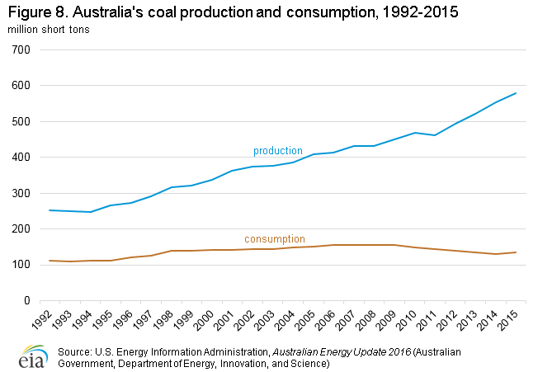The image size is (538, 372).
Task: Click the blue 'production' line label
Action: coord(277,151)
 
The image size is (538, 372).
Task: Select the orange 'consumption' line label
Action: coord(275,239)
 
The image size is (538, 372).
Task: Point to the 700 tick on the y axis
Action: coord(21,49)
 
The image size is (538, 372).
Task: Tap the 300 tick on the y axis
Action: coord(21,193)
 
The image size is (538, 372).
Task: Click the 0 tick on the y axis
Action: coord(27,301)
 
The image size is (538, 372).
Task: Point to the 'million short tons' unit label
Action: coord(50,30)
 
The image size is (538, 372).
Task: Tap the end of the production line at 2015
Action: coord(516,93)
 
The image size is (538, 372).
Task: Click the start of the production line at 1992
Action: coord(50,210)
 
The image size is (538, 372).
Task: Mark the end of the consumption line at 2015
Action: coord(516,252)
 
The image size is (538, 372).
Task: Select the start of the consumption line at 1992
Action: coord(50,261)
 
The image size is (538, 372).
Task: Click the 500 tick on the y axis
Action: coord(21,121)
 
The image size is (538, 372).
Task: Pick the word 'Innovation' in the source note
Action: coord(237,363)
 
